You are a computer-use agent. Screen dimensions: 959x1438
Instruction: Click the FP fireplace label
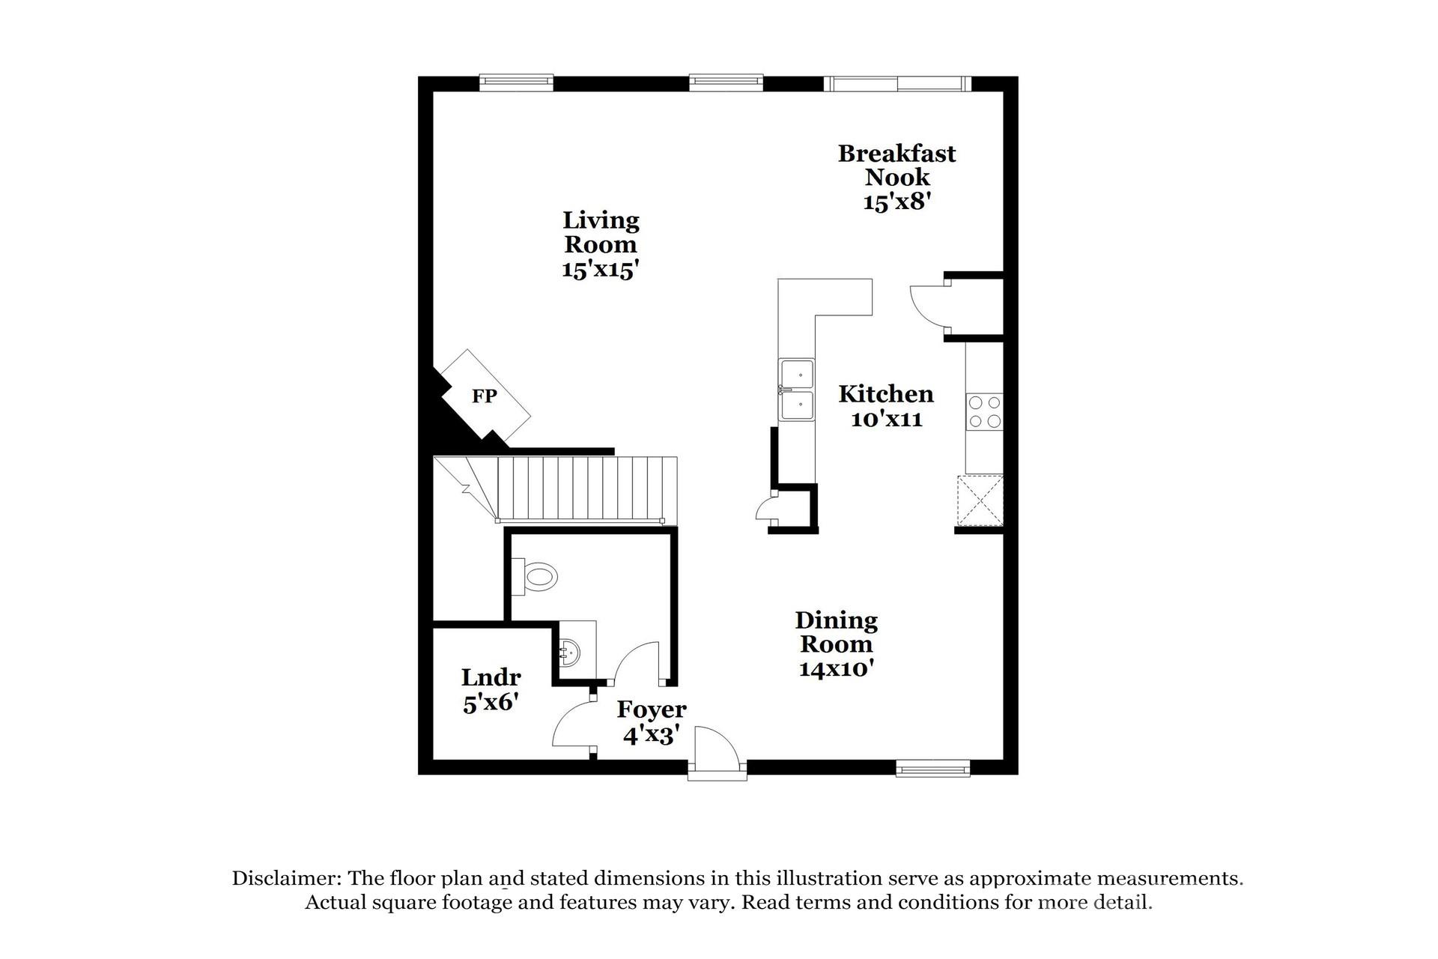point(484,396)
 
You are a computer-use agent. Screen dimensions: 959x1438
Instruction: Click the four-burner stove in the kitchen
point(984,412)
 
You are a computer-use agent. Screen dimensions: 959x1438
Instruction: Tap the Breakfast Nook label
point(897,165)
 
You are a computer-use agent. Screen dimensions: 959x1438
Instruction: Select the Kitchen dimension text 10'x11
point(886,420)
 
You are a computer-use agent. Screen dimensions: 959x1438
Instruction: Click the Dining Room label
point(836,632)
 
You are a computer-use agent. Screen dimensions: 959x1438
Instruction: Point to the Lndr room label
point(491,677)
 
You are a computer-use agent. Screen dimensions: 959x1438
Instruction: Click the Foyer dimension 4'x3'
point(651,736)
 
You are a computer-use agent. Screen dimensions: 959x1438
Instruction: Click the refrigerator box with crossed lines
point(980,500)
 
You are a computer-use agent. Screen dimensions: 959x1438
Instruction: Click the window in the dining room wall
point(932,768)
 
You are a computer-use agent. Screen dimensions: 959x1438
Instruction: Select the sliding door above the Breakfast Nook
point(897,83)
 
